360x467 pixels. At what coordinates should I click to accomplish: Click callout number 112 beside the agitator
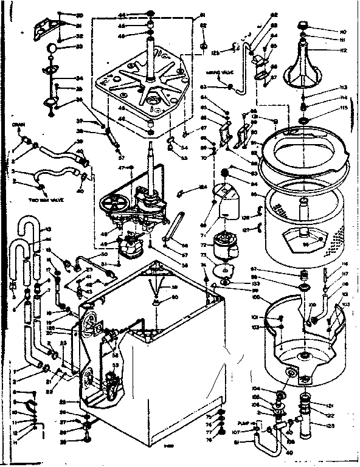[344, 50]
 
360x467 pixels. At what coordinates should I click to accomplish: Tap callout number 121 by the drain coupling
[329, 406]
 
